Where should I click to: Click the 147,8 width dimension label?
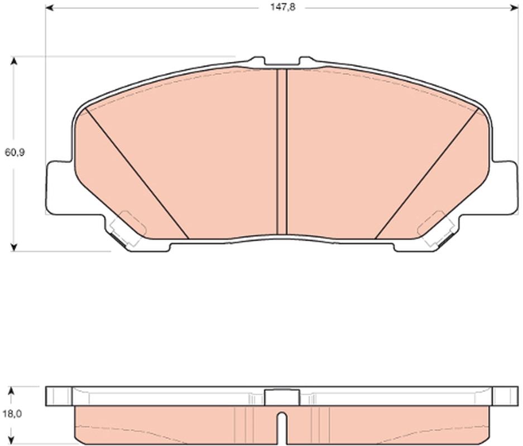[x=283, y=7]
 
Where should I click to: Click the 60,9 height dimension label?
[x=15, y=153]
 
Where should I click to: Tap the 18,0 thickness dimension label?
[x=12, y=414]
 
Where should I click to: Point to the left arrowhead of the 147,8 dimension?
[x=49, y=8]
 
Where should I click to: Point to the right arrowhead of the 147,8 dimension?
[x=514, y=8]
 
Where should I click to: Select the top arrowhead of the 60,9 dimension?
[x=14, y=61]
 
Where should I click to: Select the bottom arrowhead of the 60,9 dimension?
[x=14, y=247]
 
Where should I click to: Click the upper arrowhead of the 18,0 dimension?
[x=12, y=391]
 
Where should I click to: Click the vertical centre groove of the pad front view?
[x=282, y=152]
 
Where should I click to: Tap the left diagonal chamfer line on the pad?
[x=137, y=173]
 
